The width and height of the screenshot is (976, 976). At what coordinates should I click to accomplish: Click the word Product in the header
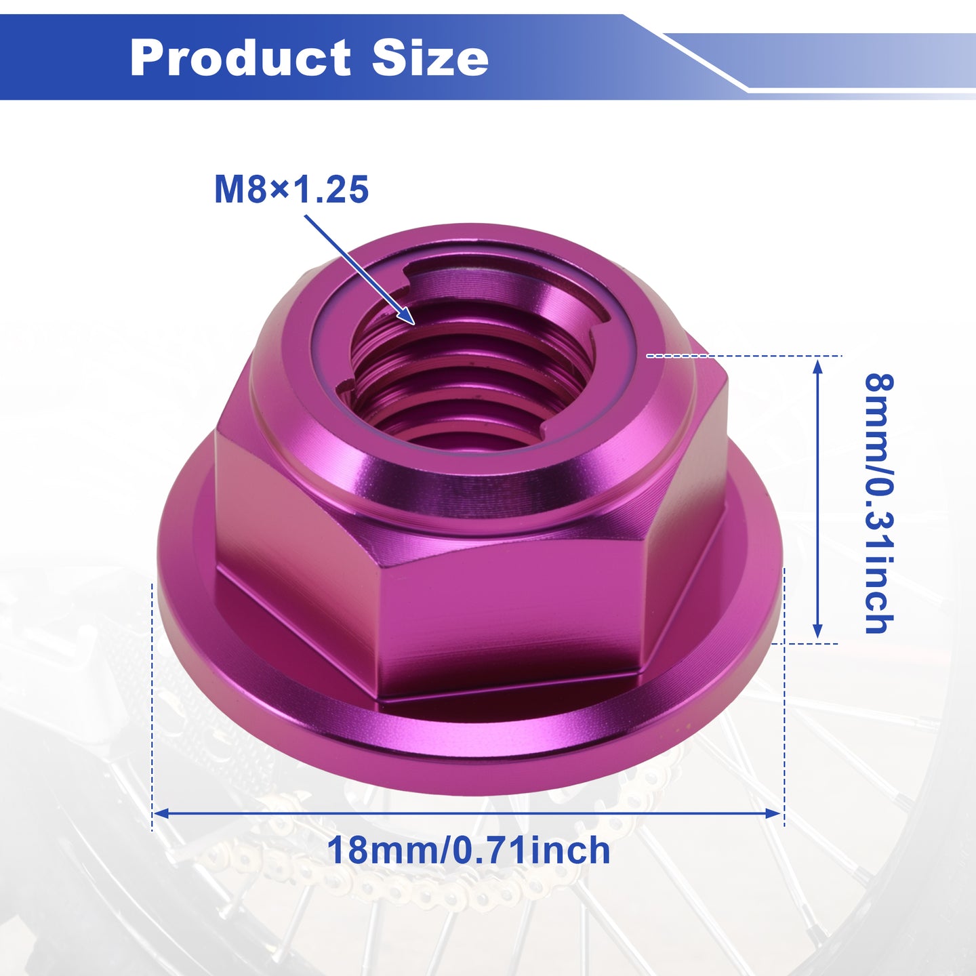[241, 58]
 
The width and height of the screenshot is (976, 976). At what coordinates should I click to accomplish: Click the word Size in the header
[430, 57]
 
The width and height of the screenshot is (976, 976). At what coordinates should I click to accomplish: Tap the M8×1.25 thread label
[291, 189]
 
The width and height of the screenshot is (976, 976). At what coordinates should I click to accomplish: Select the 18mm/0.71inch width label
[468, 851]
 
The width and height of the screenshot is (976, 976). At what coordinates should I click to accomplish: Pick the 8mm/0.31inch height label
[879, 504]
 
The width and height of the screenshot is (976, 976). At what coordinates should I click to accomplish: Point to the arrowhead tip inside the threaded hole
[415, 324]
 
